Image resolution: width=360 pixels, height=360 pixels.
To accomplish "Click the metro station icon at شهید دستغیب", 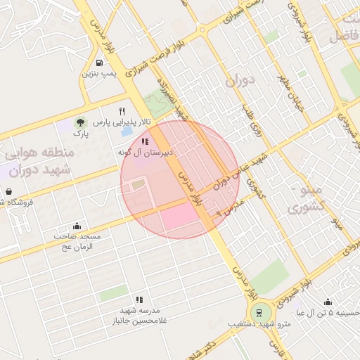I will click(259, 313).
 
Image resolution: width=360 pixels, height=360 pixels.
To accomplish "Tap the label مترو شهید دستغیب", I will click(259, 324).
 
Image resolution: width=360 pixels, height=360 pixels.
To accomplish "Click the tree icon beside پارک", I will click(79, 123).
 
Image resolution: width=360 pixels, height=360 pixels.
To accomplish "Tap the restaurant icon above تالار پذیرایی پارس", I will click(122, 111).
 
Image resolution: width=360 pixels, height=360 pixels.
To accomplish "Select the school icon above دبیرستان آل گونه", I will click(145, 141).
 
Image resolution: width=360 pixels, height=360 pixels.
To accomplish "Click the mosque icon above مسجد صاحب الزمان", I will click(77, 226).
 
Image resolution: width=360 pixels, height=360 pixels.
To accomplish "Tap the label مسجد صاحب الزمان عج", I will click(77, 242).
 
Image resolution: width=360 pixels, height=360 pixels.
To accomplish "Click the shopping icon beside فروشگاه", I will click(8, 191).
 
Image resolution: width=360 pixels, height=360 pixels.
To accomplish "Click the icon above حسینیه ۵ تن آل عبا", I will click(328, 302).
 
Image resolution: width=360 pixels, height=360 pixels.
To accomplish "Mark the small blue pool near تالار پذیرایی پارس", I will click(127, 131).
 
